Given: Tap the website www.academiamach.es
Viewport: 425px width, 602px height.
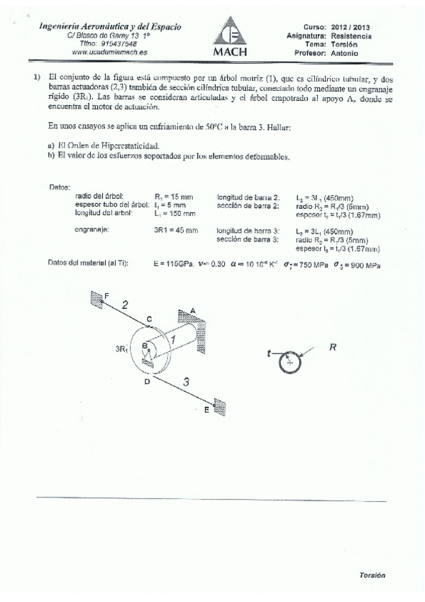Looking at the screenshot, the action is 105,52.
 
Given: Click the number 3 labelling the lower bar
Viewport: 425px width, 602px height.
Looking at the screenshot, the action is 186,382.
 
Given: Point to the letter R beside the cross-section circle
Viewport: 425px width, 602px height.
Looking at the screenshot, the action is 331,347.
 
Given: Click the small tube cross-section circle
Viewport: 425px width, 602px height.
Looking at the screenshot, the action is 289,361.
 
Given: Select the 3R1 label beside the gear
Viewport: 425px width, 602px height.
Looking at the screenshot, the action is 122,349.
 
